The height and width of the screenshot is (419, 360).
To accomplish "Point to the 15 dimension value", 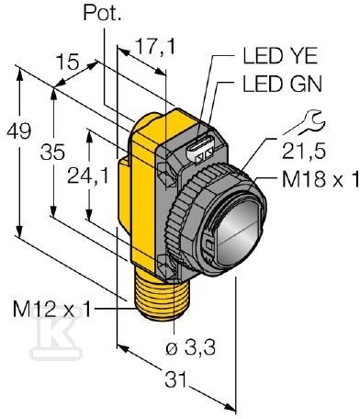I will pyautogui.click(x=68, y=63).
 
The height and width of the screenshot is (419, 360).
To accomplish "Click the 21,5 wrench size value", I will pyautogui.click(x=295, y=147).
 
